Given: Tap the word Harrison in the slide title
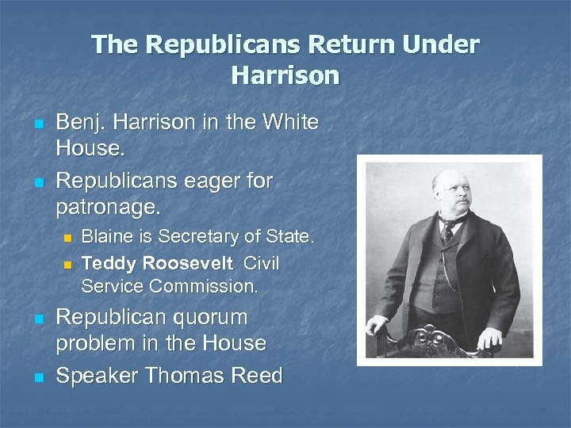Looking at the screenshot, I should [x=285, y=76].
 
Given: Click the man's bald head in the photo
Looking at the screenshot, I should [x=449, y=178].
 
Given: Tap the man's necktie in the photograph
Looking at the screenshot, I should [x=450, y=230].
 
